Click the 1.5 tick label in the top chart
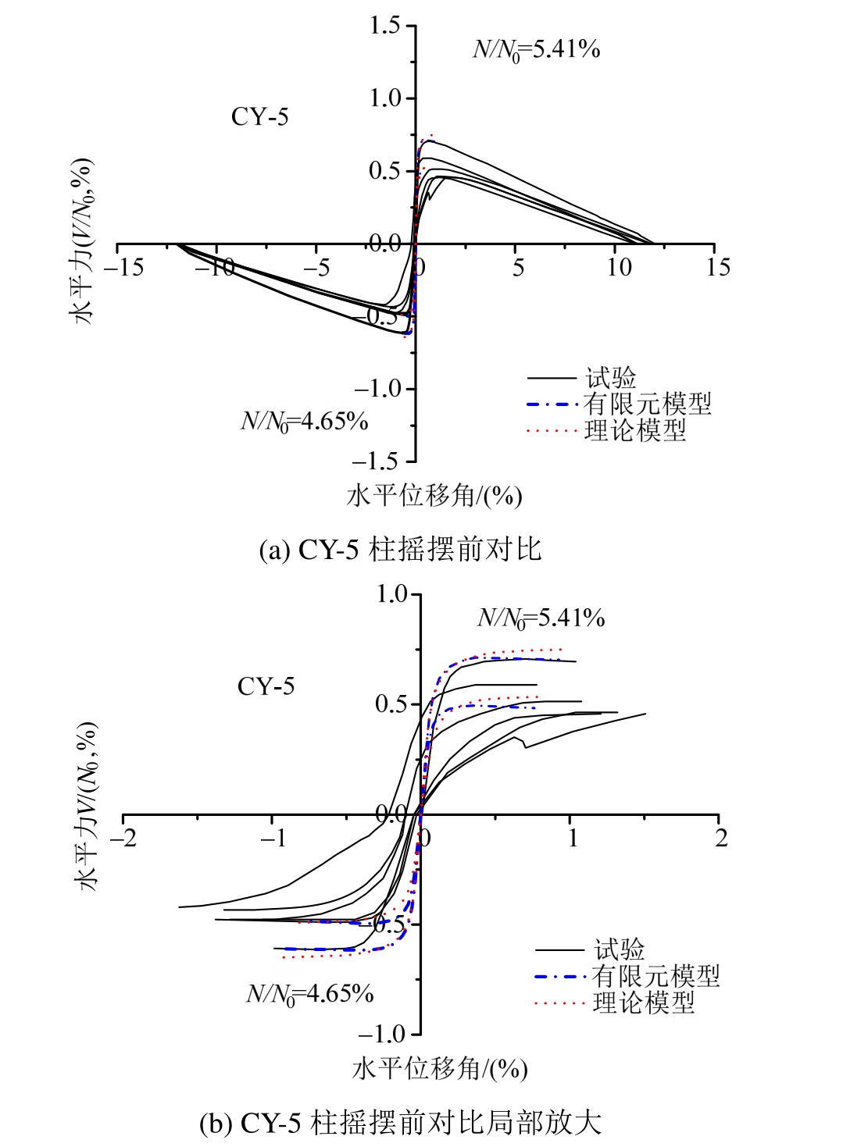click(384, 26)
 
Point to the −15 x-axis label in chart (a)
click(124, 268)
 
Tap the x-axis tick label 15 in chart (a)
click(718, 268)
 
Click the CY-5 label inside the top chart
click(259, 117)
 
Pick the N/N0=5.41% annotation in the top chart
click(537, 50)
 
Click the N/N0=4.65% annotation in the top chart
click(304, 422)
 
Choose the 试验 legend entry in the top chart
click(611, 379)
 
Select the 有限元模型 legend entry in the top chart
click(648, 404)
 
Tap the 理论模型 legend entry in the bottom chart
click(643, 1003)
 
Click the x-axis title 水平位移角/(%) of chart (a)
click(434, 496)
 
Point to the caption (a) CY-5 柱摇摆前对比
click(400, 550)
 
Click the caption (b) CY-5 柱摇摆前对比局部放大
click(400, 1123)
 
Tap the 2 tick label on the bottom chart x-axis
click(721, 839)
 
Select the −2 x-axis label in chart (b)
click(123, 839)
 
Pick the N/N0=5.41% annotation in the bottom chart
click(541, 618)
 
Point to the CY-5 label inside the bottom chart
click(266, 687)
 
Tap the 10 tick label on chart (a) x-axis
click(619, 268)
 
